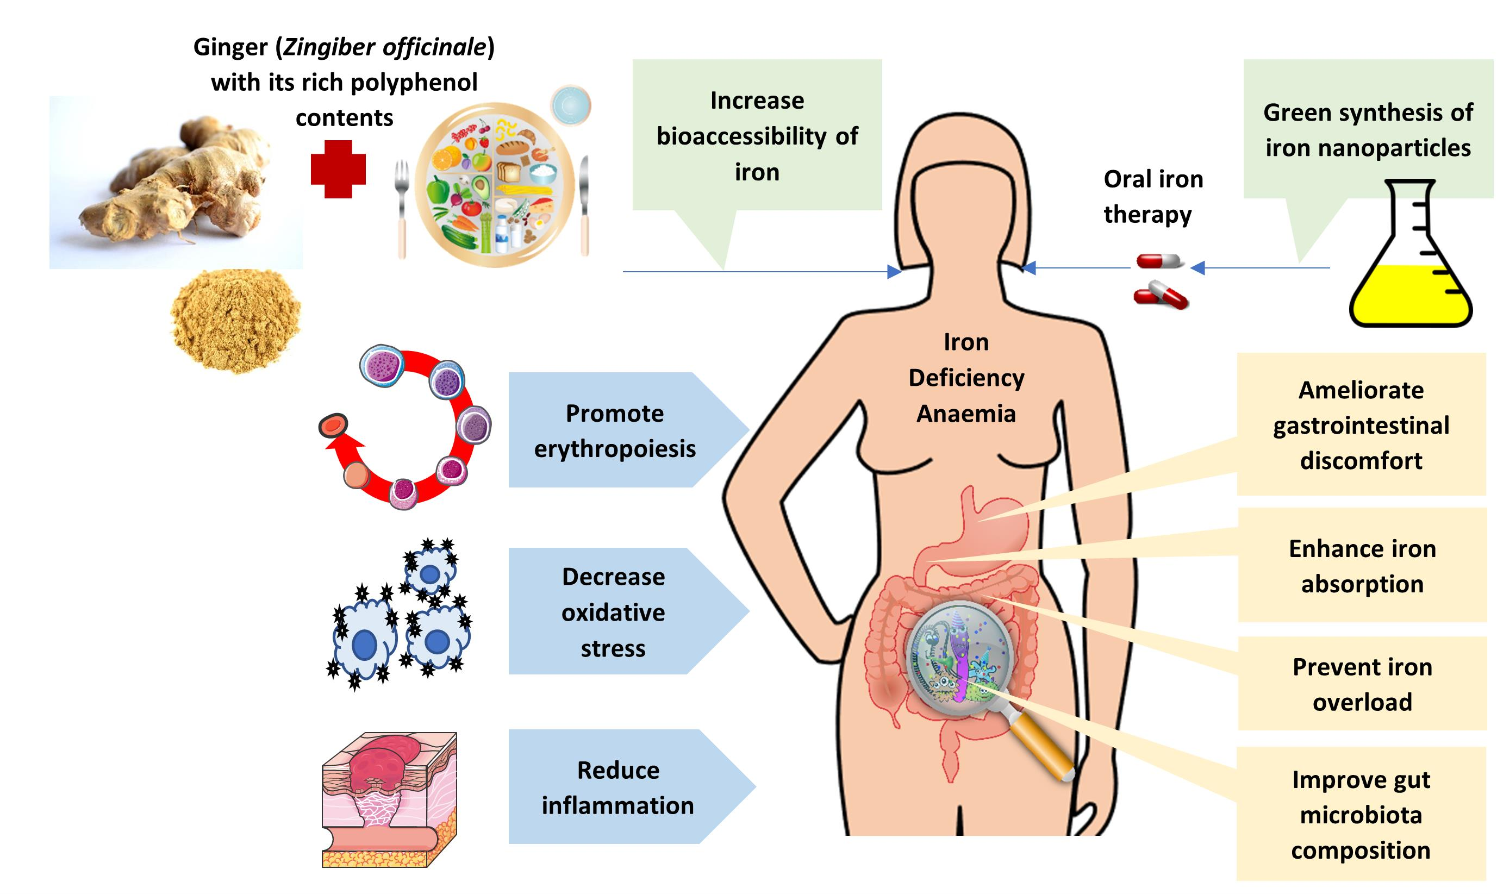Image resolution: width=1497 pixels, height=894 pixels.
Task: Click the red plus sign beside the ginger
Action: [x=338, y=169]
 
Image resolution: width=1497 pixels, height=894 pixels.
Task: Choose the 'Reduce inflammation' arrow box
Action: [x=617, y=787]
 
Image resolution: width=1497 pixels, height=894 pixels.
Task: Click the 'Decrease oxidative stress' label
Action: [x=613, y=612]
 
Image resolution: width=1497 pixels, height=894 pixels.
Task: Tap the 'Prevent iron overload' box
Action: [x=1362, y=684]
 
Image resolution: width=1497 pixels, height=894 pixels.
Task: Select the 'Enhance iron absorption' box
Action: [x=1362, y=566]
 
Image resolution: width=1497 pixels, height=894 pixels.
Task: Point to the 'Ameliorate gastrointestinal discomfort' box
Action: [x=1361, y=426]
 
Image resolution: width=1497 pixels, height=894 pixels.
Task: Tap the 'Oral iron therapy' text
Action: [x=1152, y=196]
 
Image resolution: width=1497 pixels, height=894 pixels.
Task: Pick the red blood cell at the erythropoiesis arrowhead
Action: [x=333, y=426]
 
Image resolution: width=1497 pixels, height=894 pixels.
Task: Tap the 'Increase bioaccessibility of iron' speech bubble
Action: [x=757, y=135]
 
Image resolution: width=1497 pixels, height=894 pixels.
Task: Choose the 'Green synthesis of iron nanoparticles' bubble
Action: [x=1368, y=129]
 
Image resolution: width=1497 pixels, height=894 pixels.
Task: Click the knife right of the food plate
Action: [x=584, y=205]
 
